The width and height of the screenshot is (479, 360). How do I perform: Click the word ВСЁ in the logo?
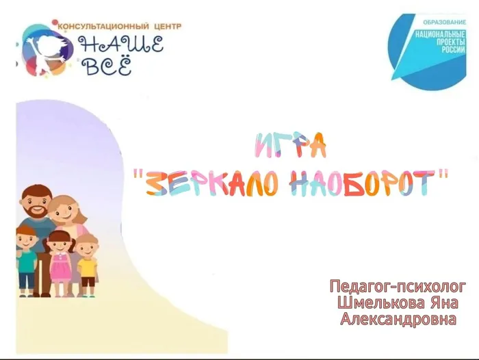(x=106, y=66)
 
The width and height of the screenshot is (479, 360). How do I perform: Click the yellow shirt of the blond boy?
(x=88, y=266)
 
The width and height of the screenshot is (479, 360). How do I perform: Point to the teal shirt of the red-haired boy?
(x=27, y=262)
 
